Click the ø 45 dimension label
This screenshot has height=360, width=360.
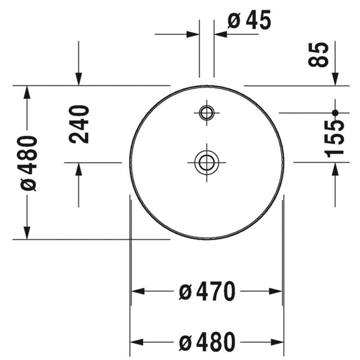point(249,20)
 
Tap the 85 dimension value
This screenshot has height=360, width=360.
point(318,55)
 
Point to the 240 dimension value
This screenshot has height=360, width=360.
point(79,125)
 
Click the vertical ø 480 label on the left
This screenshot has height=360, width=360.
point(29,163)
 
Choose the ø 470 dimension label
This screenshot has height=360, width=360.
point(207,291)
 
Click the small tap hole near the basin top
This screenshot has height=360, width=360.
point(207,113)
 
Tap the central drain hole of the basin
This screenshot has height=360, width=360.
point(207,162)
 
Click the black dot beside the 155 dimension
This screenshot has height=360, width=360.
point(335,113)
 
